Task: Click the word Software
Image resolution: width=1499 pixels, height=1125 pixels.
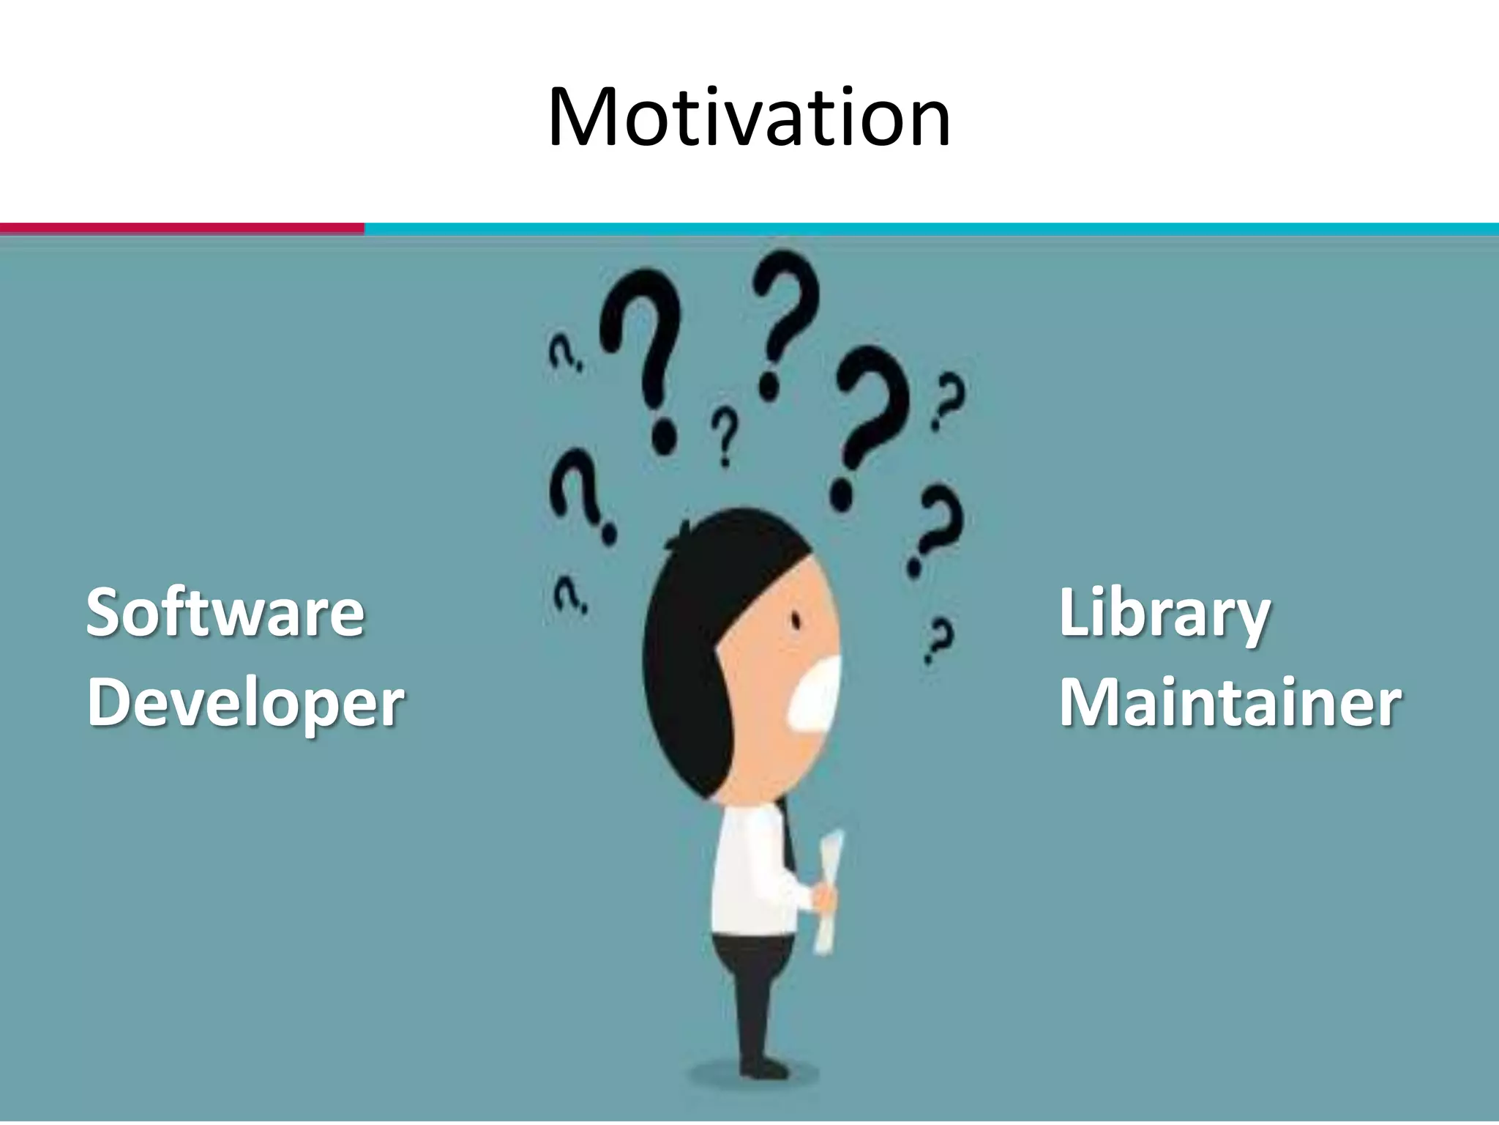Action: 225,612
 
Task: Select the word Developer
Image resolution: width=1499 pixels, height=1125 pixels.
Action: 246,703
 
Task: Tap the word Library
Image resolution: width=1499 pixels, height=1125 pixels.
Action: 1165,614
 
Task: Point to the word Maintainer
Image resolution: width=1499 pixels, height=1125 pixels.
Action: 1230,703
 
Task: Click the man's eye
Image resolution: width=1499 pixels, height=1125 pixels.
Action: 796,621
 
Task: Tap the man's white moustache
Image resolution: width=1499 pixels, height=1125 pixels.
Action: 816,692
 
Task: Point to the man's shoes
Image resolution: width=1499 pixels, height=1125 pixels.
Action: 761,1066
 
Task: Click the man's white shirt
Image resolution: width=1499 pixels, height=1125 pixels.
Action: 750,872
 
